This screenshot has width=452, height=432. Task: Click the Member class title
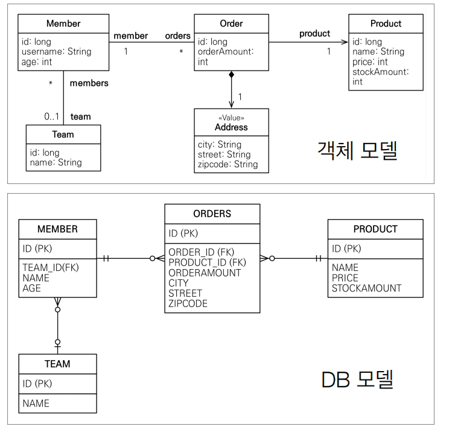pyautogui.click(x=63, y=24)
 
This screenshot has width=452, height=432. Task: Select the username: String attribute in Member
pyautogui.click(x=60, y=52)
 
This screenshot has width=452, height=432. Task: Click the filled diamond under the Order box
pyautogui.click(x=231, y=75)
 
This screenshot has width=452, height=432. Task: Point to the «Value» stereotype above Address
pyautogui.click(x=231, y=118)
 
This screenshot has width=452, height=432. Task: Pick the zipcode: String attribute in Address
pyautogui.click(x=228, y=164)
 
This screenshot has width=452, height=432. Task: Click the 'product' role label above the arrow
pyautogui.click(x=314, y=34)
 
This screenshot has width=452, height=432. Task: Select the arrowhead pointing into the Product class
pyautogui.click(x=345, y=42)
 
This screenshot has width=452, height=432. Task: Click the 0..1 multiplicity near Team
pyautogui.click(x=53, y=116)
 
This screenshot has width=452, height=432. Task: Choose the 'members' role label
pyautogui.click(x=89, y=83)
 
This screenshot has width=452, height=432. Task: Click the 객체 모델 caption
pyautogui.click(x=357, y=151)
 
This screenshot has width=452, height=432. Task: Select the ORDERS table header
pyautogui.click(x=212, y=214)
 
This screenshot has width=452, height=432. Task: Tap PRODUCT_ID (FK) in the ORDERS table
pyautogui.click(x=207, y=262)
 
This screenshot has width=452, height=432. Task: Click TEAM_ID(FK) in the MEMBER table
pyautogui.click(x=51, y=268)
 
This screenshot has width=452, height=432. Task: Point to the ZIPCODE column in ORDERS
pyautogui.click(x=188, y=303)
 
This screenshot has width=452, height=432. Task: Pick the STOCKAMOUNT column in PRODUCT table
pyautogui.click(x=366, y=288)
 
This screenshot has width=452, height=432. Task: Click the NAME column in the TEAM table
pyautogui.click(x=36, y=403)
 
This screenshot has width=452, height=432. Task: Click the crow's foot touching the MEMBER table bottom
pyautogui.click(x=57, y=301)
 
